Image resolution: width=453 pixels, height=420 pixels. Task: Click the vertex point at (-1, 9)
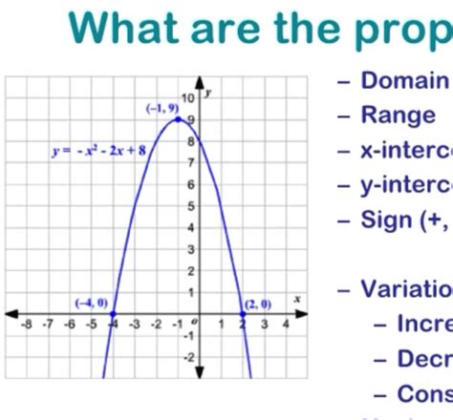coord(178,118)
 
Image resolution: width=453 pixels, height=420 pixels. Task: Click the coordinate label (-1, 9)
coord(162,109)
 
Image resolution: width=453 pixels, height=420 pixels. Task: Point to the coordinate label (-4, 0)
coord(92,303)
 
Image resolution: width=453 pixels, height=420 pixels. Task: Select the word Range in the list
coord(397,115)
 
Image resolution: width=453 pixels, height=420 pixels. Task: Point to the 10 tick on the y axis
coord(188,98)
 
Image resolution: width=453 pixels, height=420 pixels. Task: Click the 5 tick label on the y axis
coord(191,205)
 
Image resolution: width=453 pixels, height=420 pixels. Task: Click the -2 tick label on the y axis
coord(189,356)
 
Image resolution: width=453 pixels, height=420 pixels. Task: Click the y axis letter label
coord(207,93)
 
